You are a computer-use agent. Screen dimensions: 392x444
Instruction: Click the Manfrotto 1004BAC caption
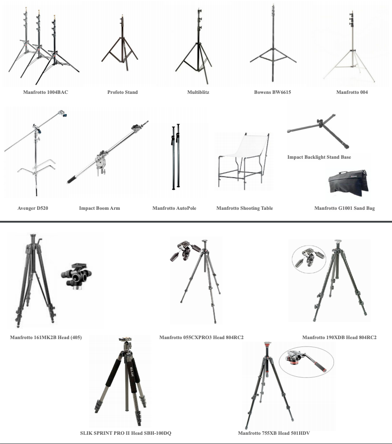(x=46, y=92)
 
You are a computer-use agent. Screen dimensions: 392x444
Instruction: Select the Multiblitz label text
(x=198, y=92)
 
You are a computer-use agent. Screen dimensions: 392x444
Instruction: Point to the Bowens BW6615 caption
(x=272, y=92)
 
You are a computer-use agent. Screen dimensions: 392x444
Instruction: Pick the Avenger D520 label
(x=33, y=208)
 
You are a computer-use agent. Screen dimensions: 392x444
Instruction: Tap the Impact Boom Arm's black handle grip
(x=73, y=179)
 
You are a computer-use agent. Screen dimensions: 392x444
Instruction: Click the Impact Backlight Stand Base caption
(x=319, y=157)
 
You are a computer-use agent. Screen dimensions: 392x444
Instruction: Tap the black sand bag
(x=349, y=183)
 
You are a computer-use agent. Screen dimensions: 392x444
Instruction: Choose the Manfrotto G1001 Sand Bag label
(x=345, y=208)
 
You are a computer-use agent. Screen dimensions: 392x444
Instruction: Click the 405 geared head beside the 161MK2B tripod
(x=76, y=276)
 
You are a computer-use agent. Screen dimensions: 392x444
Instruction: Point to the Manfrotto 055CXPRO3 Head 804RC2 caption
(x=202, y=337)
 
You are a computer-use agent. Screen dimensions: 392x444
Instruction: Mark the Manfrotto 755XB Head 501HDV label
(x=274, y=433)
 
